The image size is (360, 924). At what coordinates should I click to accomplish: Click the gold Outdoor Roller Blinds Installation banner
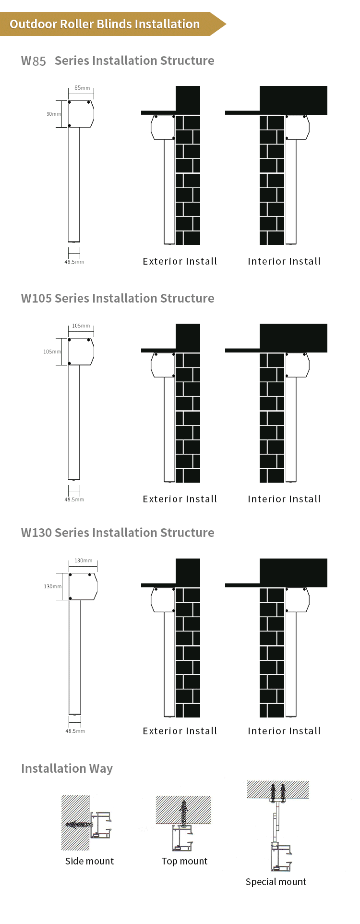105,24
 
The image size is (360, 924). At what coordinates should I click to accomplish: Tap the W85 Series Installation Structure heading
118,61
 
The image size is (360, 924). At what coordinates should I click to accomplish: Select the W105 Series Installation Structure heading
118,298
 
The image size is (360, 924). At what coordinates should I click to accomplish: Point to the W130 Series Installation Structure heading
118,533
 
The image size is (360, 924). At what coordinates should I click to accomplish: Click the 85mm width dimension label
82,88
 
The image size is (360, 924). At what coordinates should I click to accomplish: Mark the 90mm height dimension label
53,114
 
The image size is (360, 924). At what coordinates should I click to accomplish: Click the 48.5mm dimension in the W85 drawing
74,262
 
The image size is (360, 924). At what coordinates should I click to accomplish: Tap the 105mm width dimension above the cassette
81,326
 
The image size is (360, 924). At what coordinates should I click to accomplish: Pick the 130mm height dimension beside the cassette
52,586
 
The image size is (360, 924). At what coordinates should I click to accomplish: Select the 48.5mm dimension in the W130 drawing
75,731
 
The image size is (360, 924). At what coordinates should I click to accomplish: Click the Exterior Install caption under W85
180,261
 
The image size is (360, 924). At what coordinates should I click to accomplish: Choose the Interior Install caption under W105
284,499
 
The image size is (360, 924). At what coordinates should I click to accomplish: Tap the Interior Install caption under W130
284,731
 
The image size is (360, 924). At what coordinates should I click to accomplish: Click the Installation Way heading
67,768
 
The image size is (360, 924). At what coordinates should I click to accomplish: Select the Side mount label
89,861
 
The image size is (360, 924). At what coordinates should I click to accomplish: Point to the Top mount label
184,861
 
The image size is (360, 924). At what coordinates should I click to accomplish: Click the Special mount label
276,882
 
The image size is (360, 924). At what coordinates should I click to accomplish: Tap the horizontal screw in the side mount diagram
79,825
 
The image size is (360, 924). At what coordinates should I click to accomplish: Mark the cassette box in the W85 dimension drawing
80,114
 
